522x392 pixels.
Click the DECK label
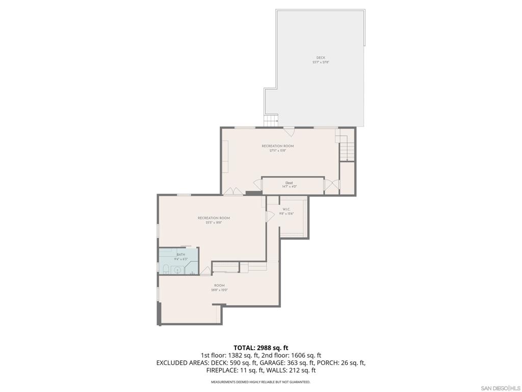[321, 58]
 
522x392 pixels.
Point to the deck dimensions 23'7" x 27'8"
[321, 62]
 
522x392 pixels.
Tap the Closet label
[289, 183]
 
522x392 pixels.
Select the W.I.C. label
[286, 209]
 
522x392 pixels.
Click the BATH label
[181, 254]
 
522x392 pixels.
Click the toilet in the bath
[166, 269]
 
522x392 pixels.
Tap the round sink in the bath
[177, 270]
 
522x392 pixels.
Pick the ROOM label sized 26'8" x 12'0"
[219, 285]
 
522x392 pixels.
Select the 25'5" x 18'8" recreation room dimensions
[210, 223]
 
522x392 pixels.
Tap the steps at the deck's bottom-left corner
[271, 121]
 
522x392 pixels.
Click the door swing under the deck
[289, 131]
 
